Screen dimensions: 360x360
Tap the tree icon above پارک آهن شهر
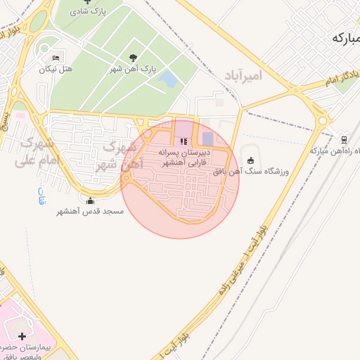[x=134, y=58]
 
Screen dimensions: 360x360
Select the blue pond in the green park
[x=168, y=79]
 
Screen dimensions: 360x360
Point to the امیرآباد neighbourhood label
[x=243, y=75]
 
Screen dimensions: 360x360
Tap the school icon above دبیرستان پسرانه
[x=184, y=141]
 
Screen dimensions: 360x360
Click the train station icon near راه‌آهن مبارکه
[x=344, y=139]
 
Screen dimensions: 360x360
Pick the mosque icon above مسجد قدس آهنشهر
[x=89, y=200]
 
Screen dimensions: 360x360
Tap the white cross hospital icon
[x=22, y=337]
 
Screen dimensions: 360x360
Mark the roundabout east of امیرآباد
[x=323, y=121]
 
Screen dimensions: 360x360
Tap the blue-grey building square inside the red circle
[x=207, y=139]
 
